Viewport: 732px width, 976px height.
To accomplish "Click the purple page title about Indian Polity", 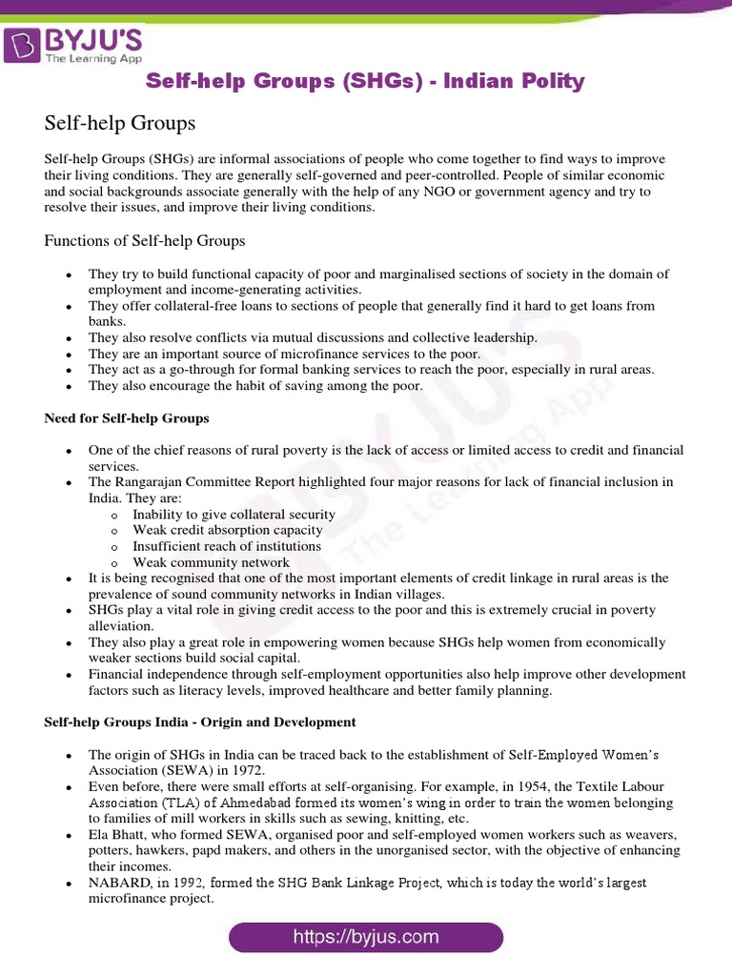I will click(x=365, y=82).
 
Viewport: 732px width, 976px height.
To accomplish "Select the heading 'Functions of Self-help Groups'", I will click(x=145, y=240).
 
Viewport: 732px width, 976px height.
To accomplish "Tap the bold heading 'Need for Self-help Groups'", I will click(x=127, y=418).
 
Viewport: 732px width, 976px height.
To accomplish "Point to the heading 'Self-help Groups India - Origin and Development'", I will click(x=200, y=722).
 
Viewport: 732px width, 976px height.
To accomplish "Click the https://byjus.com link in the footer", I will click(x=366, y=937).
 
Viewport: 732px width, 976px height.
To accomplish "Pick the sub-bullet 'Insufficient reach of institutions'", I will click(x=227, y=546).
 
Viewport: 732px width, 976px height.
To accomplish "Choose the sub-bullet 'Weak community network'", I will click(x=211, y=562).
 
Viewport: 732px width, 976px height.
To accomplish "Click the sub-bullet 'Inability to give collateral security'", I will click(x=234, y=515).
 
